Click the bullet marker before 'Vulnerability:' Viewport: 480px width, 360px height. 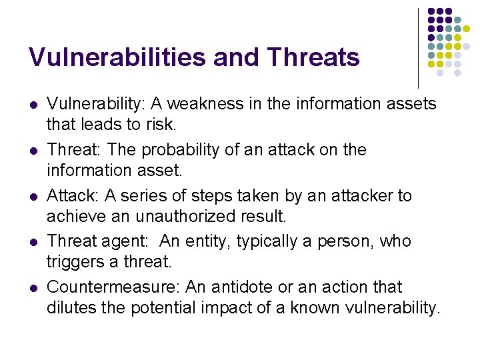(x=33, y=105)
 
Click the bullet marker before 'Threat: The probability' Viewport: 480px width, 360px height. (x=33, y=151)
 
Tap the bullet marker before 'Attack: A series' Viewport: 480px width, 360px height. (x=33, y=197)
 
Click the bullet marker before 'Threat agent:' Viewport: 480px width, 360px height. (x=33, y=242)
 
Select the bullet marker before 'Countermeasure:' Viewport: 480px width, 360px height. (x=33, y=288)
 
